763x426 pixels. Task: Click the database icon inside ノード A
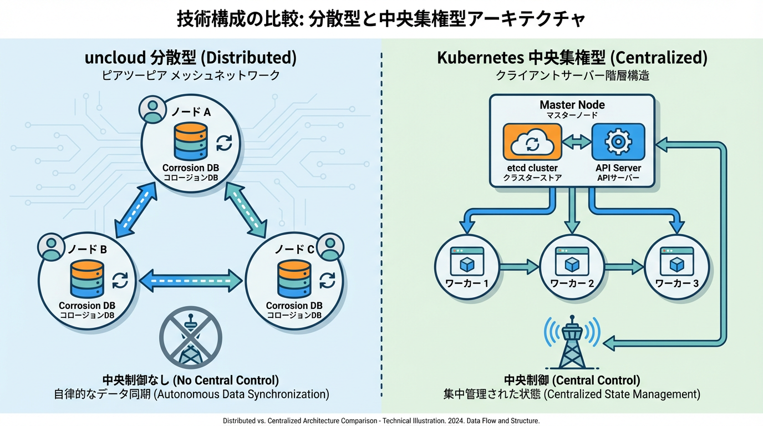pos(190,141)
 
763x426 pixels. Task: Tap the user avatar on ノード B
pos(52,247)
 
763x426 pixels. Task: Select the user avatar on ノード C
pos(330,247)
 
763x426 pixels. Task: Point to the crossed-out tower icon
pos(190,337)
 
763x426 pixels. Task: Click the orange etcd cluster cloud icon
pos(532,143)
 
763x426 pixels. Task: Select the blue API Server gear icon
pos(618,143)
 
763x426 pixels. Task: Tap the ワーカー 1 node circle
pos(467,267)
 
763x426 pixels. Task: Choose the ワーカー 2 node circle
pos(572,267)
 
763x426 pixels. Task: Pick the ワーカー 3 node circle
pos(676,267)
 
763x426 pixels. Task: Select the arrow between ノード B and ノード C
pos(190,281)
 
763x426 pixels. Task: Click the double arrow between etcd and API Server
pos(577,143)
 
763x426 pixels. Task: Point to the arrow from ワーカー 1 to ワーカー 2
pos(519,267)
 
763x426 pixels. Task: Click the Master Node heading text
pos(572,105)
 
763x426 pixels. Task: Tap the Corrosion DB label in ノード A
pos(190,168)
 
